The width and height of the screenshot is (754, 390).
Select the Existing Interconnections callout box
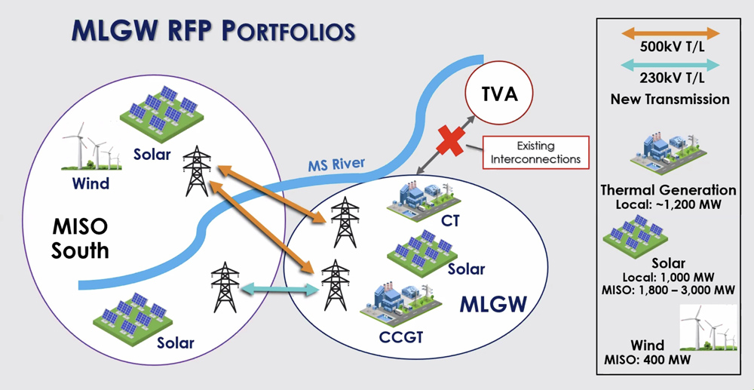point(535,152)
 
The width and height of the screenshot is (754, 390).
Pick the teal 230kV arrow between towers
point(279,288)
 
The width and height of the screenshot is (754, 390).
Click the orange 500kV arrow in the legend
point(670,33)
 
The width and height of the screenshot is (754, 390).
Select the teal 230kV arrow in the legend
point(670,66)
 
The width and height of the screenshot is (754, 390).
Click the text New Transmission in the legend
point(670,99)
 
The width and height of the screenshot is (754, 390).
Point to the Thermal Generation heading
point(668,190)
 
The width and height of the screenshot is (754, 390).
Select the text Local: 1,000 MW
point(669,276)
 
